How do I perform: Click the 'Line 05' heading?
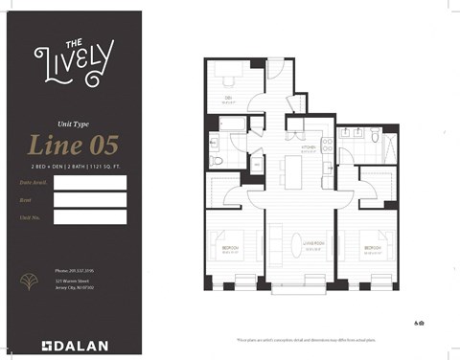click(73, 146)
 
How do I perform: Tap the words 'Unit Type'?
click(74, 123)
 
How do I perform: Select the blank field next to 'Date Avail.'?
click(90, 182)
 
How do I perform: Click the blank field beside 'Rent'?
click(90, 200)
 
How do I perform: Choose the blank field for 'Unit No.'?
click(90, 217)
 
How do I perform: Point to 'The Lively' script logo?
click(73, 61)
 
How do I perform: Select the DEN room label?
click(228, 98)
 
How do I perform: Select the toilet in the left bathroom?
click(218, 160)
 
